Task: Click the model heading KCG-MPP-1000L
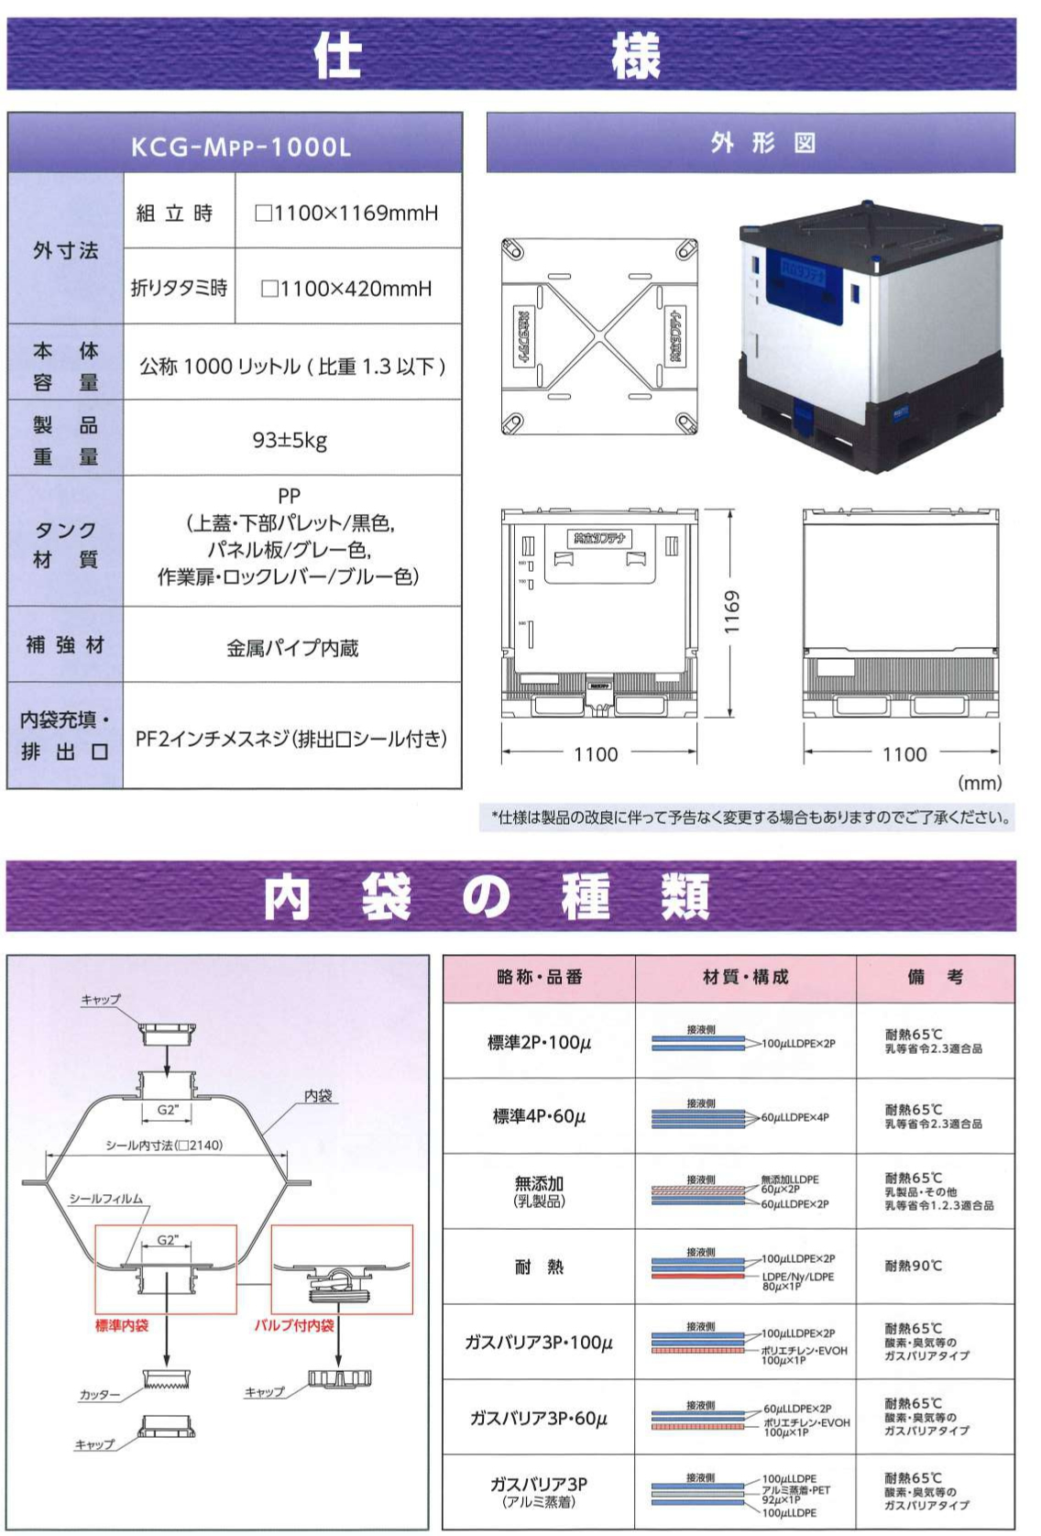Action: pyautogui.click(x=240, y=147)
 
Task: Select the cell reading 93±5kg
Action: pyautogui.click(x=290, y=441)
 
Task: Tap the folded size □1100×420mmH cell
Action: pyautogui.click(x=346, y=289)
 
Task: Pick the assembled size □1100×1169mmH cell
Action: pyautogui.click(x=346, y=214)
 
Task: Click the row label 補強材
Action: pyautogui.click(x=64, y=645)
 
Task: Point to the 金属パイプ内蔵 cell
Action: pyautogui.click(x=292, y=648)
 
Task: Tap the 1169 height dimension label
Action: pyautogui.click(x=731, y=611)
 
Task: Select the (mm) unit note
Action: pyautogui.click(x=980, y=783)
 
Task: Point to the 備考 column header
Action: pyautogui.click(x=935, y=977)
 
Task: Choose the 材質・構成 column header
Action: pyautogui.click(x=745, y=977)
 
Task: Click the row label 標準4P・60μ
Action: pyautogui.click(x=539, y=1116)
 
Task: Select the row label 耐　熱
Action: pyautogui.click(x=539, y=1267)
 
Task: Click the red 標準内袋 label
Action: pyautogui.click(x=122, y=1325)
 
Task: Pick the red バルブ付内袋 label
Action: pyautogui.click(x=294, y=1325)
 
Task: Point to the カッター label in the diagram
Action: pyautogui.click(x=100, y=1395)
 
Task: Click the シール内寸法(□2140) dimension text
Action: pyautogui.click(x=164, y=1145)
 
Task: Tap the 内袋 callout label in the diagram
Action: pyautogui.click(x=317, y=1096)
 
